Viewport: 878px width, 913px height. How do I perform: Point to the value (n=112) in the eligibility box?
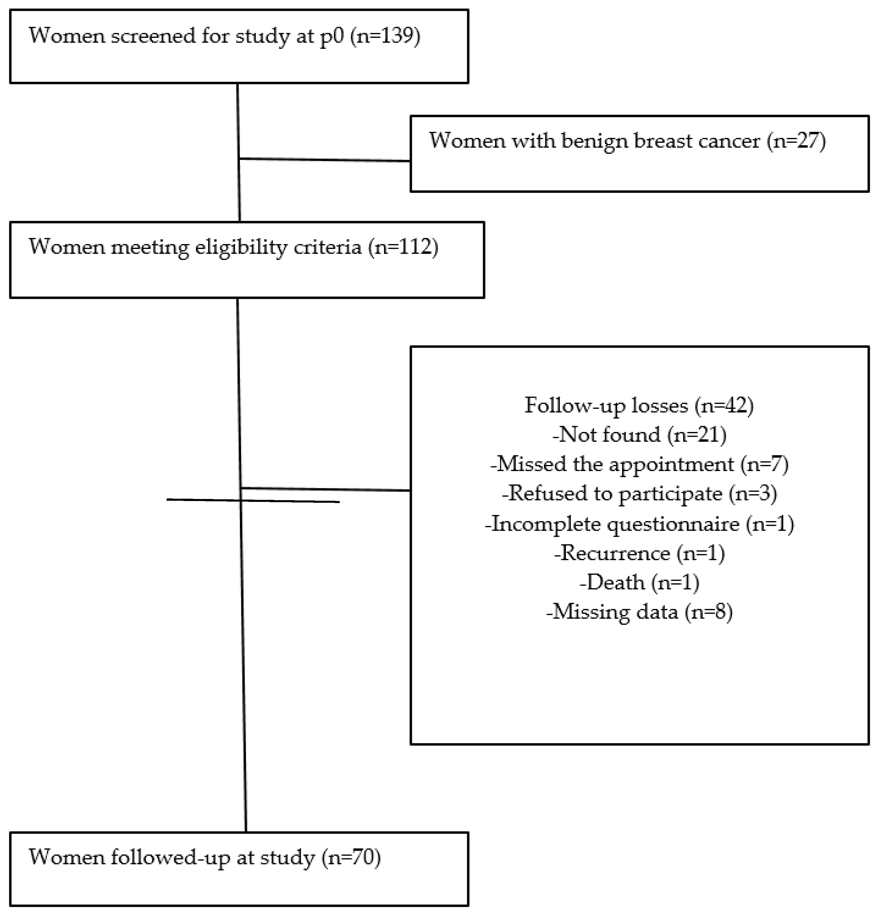tap(403, 247)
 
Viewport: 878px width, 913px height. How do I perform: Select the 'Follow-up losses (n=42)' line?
tap(639, 405)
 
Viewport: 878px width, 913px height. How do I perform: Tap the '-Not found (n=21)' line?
tap(639, 435)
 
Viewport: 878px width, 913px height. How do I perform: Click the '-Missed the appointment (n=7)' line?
tap(639, 464)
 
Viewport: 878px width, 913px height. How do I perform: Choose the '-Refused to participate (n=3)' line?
tap(639, 493)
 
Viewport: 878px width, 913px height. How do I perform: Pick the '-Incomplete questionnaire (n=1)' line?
tap(639, 524)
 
